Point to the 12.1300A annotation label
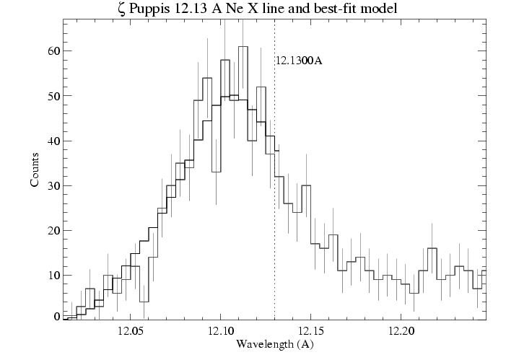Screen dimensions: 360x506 point(298,61)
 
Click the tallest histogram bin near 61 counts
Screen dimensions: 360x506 point(243,48)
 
